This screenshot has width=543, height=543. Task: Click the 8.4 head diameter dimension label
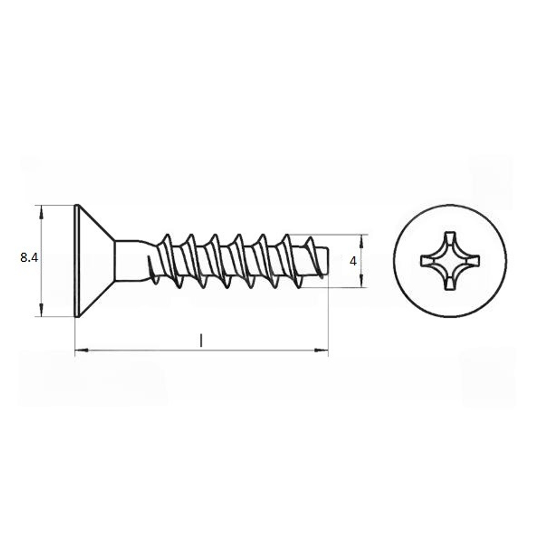[x=29, y=258]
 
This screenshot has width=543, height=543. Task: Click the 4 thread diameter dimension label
[x=353, y=262]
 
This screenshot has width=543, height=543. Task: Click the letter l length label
[x=201, y=340]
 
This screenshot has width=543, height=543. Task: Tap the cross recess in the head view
[x=450, y=261]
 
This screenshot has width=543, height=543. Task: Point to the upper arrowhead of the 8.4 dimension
[x=42, y=212]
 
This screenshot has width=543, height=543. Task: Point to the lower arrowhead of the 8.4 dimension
[x=42, y=310]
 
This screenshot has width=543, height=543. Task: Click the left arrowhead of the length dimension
[x=81, y=351]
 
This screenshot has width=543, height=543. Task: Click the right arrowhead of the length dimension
[x=321, y=351]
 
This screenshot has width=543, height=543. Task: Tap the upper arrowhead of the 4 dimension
[x=361, y=241]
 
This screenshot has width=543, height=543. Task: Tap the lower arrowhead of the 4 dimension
[x=361, y=281]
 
